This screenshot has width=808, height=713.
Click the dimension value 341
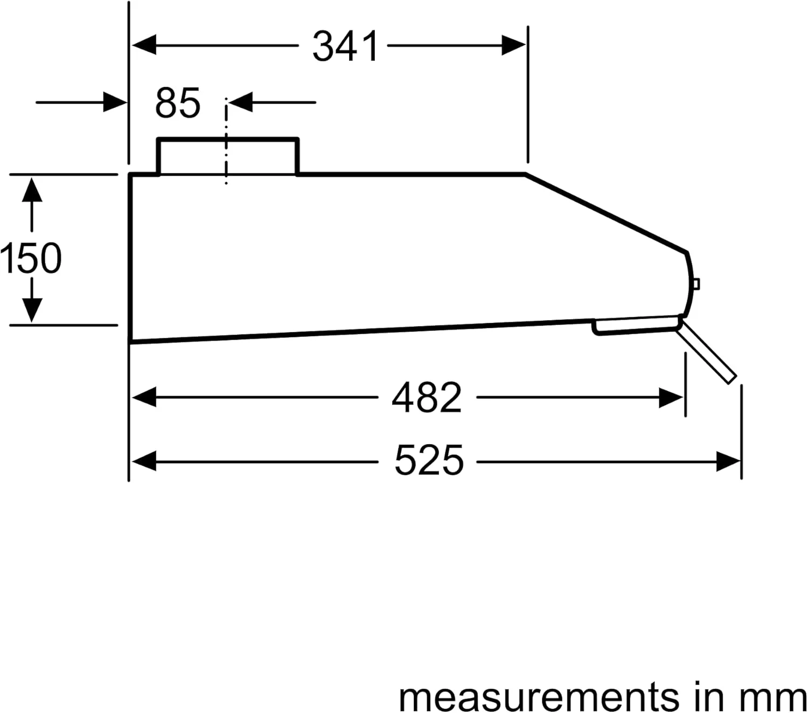tap(345, 47)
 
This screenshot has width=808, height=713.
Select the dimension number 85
tap(177, 103)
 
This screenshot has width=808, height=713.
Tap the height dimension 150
tap(31, 258)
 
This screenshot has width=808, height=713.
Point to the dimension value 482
tap(427, 398)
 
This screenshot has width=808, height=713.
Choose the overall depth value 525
tap(429, 460)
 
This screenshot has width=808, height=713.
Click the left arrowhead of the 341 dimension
tap(144, 45)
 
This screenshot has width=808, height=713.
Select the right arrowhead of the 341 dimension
tap(514, 45)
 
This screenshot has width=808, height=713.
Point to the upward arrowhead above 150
tap(32, 190)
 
